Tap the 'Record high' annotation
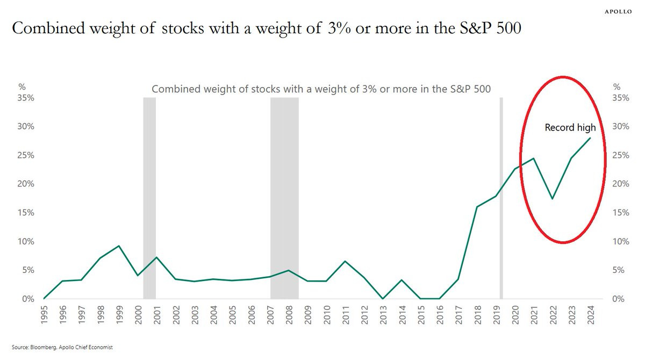coord(570,128)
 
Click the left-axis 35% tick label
coord(26,98)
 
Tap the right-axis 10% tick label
coord(621,241)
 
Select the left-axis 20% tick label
coord(26,184)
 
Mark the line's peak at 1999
coord(119,246)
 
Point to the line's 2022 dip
coord(553,198)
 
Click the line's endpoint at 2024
coord(590,138)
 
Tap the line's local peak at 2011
coord(345,261)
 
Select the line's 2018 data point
coord(477,207)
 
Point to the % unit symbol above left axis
coord(21,87)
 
